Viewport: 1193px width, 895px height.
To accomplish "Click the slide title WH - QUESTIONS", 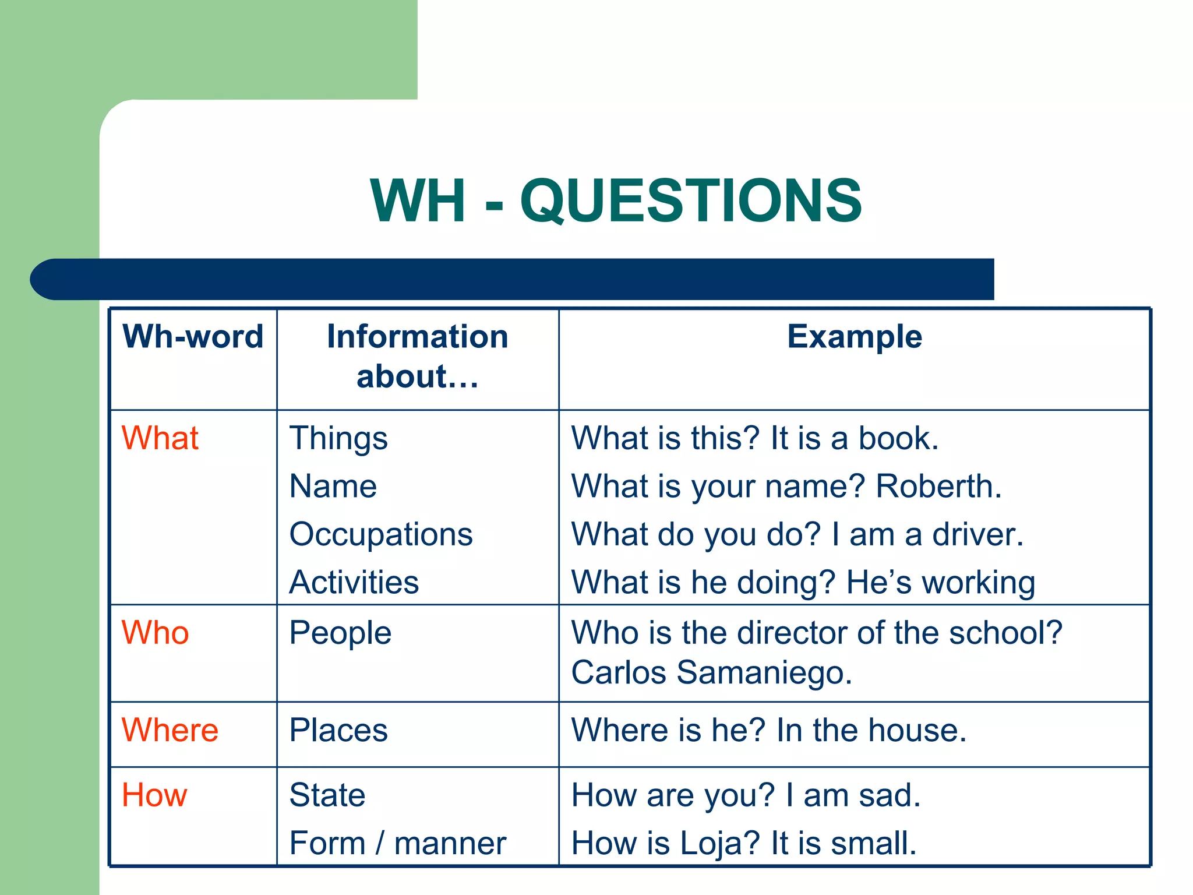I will (616, 200).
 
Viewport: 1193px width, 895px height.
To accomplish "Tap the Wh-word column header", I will (193, 337).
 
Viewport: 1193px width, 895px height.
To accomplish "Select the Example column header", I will (854, 337).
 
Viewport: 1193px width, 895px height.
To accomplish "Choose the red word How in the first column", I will (154, 795).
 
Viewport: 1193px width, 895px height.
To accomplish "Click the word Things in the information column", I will (338, 439).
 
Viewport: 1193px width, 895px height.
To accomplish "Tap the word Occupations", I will (381, 534).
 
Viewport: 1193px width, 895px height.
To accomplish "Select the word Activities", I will (354, 582).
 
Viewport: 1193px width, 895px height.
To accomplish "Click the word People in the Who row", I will (340, 633).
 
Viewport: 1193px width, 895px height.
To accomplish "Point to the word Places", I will (338, 730).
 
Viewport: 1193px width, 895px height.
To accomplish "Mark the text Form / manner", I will (398, 843).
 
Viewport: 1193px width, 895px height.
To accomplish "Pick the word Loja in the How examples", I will (714, 843).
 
